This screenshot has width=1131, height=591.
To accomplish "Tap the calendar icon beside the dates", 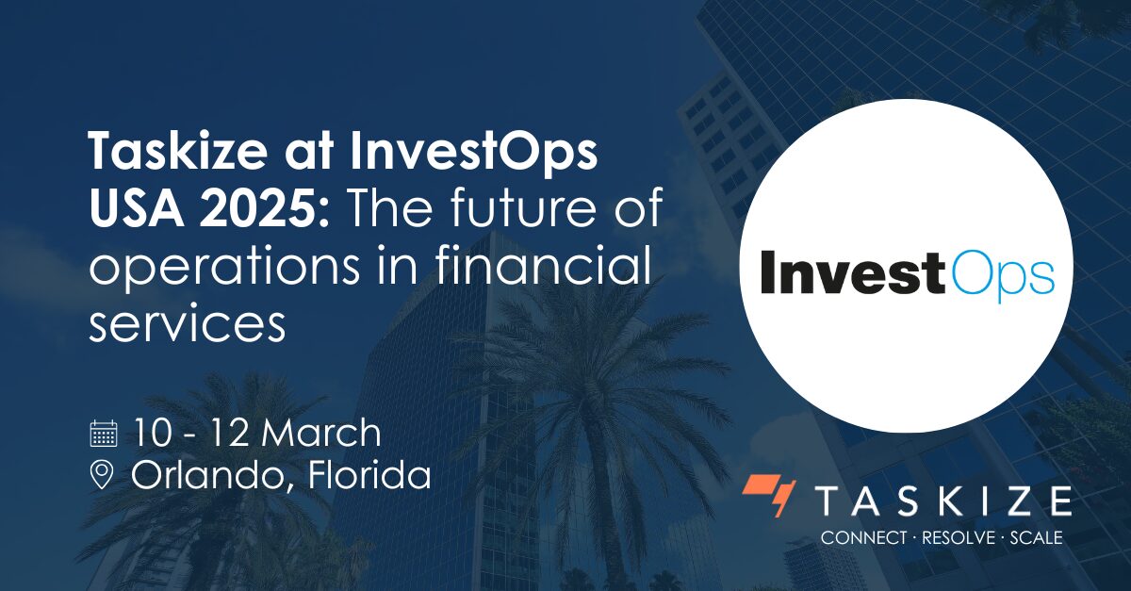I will [103, 434].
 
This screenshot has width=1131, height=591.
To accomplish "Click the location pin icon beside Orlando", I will [102, 475].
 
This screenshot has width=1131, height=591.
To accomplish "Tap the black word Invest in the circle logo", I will [852, 272].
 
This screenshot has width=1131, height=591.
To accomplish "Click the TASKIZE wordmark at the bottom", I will [942, 501].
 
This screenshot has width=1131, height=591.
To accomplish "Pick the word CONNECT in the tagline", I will [858, 538].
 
